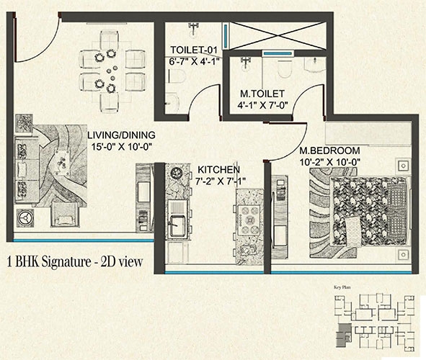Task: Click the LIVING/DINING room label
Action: tap(121, 135)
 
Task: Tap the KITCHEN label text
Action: tap(218, 170)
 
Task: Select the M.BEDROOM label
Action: tap(329, 150)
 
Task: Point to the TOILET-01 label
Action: tap(194, 50)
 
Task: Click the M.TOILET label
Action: tap(262, 94)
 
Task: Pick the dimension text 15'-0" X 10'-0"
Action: tap(121, 147)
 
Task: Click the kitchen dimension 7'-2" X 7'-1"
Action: tap(221, 181)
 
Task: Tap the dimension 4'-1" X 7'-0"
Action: tap(262, 105)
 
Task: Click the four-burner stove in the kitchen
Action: tap(249, 220)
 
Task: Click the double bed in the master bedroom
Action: tap(370, 212)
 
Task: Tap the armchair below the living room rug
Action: tap(65, 215)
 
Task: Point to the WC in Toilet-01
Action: tap(176, 76)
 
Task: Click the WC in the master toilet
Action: tap(285, 68)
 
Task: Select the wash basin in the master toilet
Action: tap(314, 64)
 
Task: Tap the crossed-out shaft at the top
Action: tap(278, 36)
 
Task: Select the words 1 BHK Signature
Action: tap(49, 262)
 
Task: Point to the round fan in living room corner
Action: tap(25, 218)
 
